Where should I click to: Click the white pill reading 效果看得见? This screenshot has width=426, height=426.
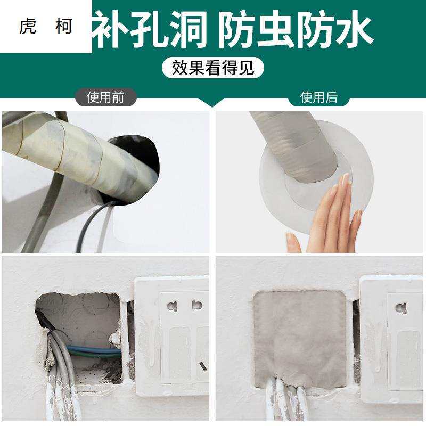point(213,68)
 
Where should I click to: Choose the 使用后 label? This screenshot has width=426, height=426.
point(318,97)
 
